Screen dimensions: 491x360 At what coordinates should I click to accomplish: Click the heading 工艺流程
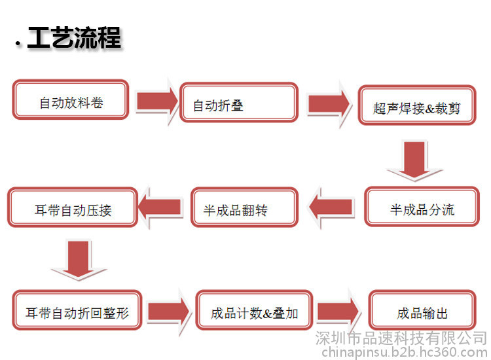(x=74, y=37)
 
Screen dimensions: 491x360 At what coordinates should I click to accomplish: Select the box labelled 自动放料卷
(x=71, y=99)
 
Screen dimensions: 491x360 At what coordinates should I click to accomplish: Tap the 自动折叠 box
(x=239, y=102)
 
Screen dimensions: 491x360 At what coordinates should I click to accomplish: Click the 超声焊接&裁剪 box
(x=417, y=105)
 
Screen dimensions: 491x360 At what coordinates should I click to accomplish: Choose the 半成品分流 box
(x=422, y=207)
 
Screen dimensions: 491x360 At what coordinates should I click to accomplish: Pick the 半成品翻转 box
(x=245, y=207)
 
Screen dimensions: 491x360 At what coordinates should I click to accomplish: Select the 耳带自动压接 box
(x=73, y=207)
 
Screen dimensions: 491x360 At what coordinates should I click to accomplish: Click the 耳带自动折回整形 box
(x=77, y=310)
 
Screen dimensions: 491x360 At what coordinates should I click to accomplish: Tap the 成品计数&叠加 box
(x=254, y=310)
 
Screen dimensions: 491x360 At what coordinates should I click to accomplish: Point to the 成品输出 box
(x=422, y=310)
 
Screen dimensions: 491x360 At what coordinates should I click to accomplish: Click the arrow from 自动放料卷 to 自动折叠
(x=157, y=101)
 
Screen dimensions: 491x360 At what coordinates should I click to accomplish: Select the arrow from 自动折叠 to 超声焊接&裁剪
(x=329, y=103)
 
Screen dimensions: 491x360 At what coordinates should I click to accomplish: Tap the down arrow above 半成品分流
(x=414, y=160)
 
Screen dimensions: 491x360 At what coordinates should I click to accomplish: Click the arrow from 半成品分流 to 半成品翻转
(x=331, y=207)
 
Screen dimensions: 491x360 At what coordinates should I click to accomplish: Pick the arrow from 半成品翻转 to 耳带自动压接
(x=160, y=207)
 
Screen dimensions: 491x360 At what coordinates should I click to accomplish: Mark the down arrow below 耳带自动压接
(x=79, y=259)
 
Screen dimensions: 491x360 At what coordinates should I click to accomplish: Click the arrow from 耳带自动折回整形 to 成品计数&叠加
(x=169, y=312)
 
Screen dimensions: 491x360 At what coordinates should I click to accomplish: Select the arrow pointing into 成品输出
(x=338, y=312)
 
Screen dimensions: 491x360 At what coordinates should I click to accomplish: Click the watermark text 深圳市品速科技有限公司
(x=401, y=338)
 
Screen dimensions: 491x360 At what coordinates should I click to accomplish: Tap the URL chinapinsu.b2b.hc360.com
(x=405, y=353)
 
